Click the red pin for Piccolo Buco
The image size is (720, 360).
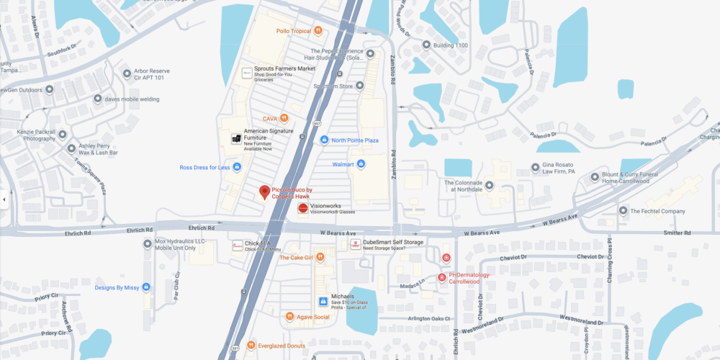pyautogui.click(x=264, y=192)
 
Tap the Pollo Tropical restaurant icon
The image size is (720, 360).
pyautogui.click(x=317, y=31)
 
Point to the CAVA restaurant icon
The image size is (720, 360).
pyautogui.click(x=284, y=118)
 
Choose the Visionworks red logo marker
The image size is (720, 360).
pyautogui.click(x=303, y=208)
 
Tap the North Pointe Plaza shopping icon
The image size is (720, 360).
pyautogui.click(x=324, y=140)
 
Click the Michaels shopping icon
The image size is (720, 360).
pyautogui.click(x=323, y=301)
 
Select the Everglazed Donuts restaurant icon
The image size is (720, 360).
pyautogui.click(x=251, y=346)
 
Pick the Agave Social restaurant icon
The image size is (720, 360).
pyautogui.click(x=289, y=317)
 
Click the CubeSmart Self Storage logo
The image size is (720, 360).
pyautogui.click(x=355, y=245)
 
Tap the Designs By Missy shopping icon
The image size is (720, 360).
pyautogui.click(x=146, y=287)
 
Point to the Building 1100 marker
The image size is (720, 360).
pyautogui.click(x=426, y=45)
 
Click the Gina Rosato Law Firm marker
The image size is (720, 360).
pyautogui.click(x=535, y=168)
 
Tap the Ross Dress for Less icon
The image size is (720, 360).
pyautogui.click(x=237, y=168)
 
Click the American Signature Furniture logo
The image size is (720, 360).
pyautogui.click(x=235, y=139)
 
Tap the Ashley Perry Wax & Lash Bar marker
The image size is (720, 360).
pyautogui.click(x=71, y=149)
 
